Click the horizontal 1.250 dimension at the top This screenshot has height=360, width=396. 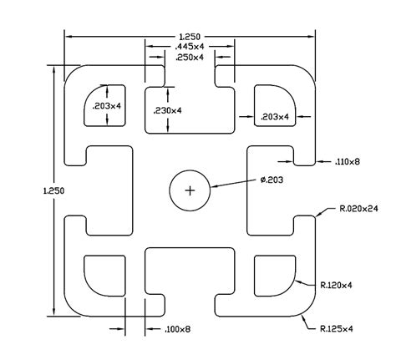tap(190, 37)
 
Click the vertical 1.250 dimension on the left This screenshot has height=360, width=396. tap(53, 191)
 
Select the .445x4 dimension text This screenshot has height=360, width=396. tap(190, 46)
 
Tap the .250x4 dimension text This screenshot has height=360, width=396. tap(190, 58)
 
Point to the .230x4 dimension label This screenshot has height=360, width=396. tap(167, 111)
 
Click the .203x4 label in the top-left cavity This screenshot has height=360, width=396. tap(107, 106)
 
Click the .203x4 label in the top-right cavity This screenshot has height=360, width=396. tap(275, 117)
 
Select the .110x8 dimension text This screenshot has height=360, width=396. tap(348, 161)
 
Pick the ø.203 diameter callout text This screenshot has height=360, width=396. tap(272, 180)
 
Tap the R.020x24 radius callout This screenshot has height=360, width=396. tap(359, 209)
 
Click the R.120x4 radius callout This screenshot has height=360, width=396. tap(336, 285)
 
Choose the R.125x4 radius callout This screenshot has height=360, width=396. tap(337, 329)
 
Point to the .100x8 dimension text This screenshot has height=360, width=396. tap(178, 329)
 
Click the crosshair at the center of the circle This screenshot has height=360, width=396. tap(190, 190)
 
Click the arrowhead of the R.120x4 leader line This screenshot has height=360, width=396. tap(298, 281)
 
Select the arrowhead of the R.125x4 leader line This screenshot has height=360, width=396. tap(304, 317)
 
